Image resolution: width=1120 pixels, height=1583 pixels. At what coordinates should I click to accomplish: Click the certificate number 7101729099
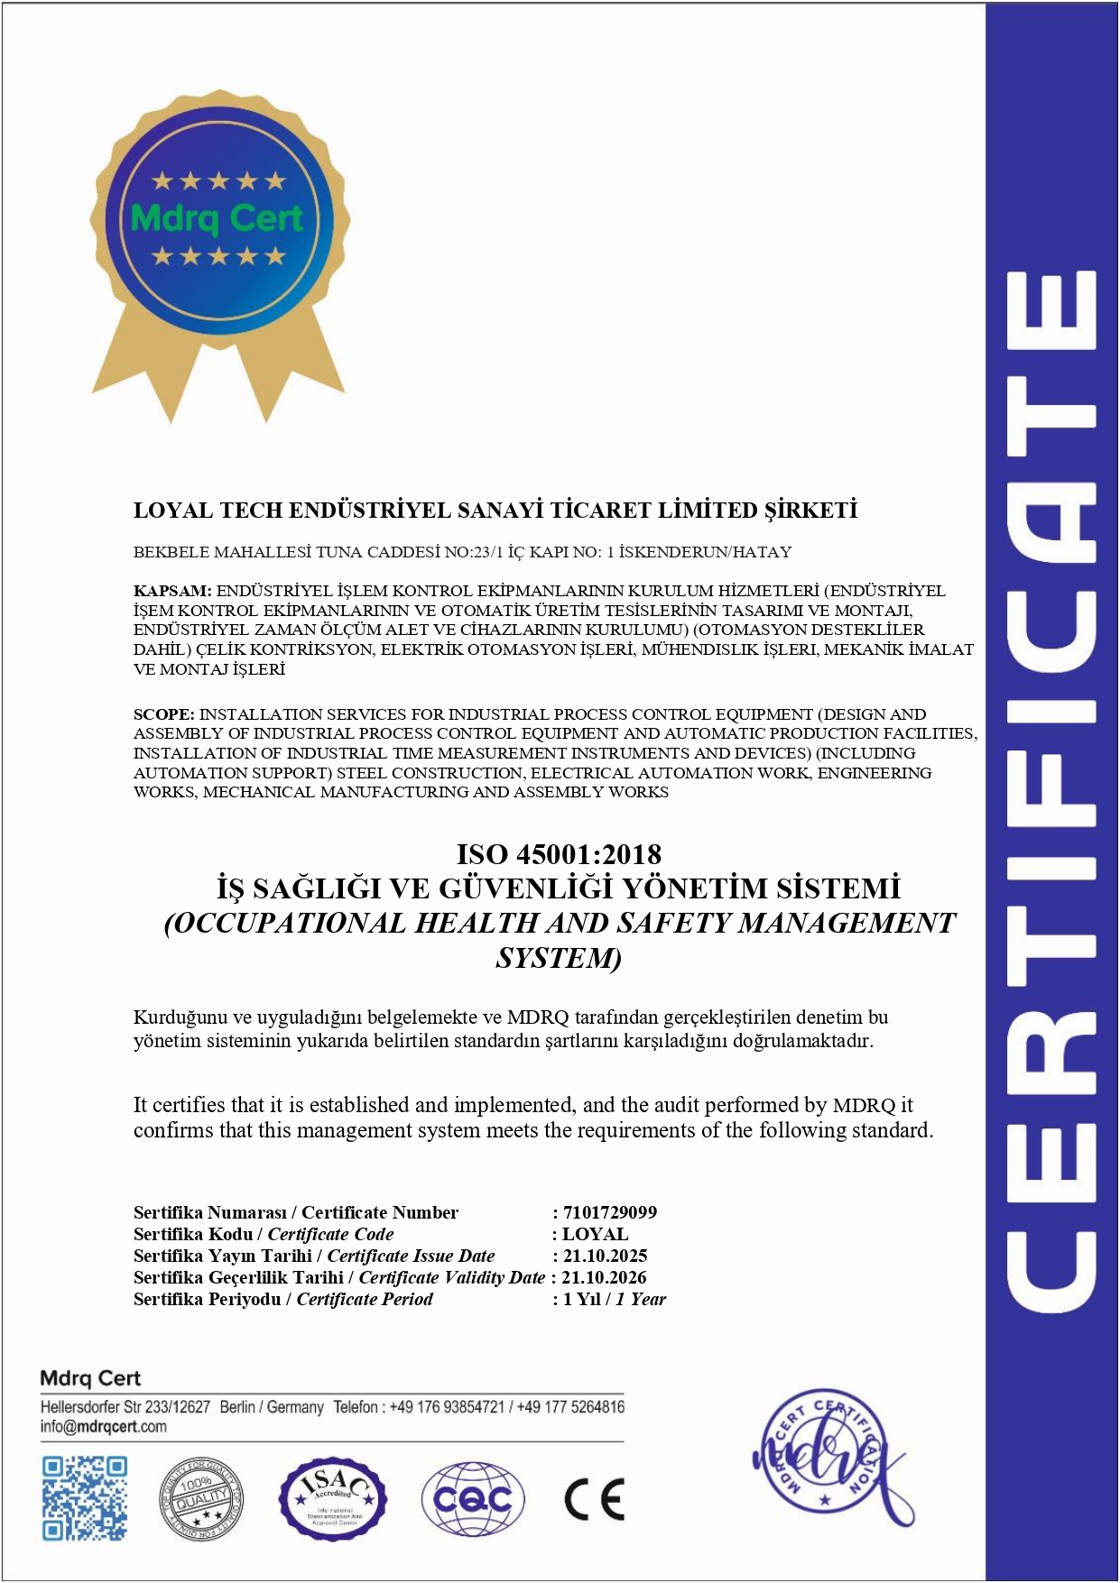[610, 1212]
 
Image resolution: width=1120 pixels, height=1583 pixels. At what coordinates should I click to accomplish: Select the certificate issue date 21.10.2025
[605, 1256]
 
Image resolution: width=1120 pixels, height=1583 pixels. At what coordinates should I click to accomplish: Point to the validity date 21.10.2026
[604, 1277]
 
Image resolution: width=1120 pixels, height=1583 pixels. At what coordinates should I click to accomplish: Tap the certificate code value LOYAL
[596, 1234]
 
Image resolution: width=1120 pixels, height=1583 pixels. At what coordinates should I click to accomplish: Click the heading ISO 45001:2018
[559, 854]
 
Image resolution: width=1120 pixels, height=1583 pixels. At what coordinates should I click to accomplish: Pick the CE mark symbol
[594, 1499]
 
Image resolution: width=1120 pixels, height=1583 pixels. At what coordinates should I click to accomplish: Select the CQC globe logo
[473, 1499]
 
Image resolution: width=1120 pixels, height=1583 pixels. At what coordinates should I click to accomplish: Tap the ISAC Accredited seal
[333, 1499]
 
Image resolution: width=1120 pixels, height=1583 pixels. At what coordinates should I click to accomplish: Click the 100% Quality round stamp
[201, 1499]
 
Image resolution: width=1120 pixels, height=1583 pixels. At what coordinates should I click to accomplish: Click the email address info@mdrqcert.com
[103, 1427]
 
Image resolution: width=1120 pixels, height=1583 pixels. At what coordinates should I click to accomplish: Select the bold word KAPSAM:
[172, 592]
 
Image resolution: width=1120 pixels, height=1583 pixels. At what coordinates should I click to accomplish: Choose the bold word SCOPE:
[164, 714]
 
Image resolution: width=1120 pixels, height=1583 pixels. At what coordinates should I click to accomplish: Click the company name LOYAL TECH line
[495, 511]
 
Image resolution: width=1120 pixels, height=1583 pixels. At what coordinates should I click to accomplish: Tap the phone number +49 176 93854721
[447, 1407]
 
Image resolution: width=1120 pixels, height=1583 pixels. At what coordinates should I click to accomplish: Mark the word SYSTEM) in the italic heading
[559, 958]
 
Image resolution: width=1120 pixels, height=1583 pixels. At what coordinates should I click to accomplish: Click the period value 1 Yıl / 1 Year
[614, 1299]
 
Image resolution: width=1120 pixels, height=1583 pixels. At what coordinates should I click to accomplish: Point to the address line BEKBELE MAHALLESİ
[462, 552]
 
